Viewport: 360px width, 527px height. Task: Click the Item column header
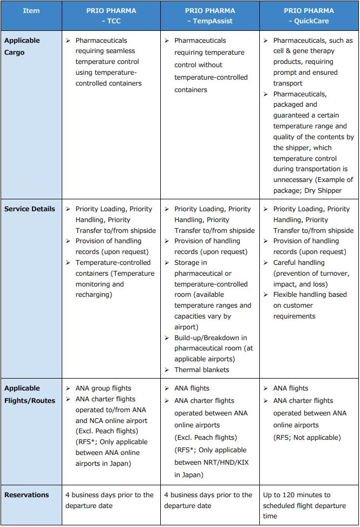click(31, 11)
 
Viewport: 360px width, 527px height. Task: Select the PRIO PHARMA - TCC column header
click(111, 16)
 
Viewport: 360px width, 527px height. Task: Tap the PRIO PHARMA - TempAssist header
click(210, 16)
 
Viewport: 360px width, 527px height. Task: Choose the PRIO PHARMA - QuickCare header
click(309, 16)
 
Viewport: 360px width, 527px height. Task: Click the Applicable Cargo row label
click(22, 47)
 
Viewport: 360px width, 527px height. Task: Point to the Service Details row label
click(30, 209)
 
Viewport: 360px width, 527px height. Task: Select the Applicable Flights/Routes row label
click(30, 394)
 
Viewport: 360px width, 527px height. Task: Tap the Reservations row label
click(27, 495)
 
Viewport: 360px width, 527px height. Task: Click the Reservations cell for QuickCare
click(304, 505)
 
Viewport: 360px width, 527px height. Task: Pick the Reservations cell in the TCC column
click(109, 500)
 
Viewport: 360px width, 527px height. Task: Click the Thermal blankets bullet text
click(201, 370)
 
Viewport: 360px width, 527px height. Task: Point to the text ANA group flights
click(103, 388)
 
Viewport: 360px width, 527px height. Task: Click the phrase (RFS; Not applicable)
click(307, 438)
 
